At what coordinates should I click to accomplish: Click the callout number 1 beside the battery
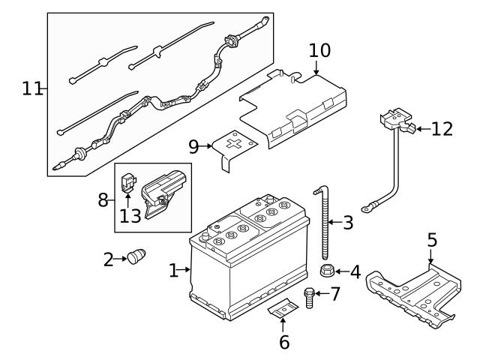(x=174, y=270)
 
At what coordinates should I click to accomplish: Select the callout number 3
(x=347, y=222)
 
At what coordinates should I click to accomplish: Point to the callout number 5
(x=431, y=241)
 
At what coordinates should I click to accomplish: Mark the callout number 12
(x=442, y=129)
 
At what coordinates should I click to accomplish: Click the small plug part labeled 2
(x=136, y=257)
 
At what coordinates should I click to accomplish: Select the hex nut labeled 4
(x=327, y=271)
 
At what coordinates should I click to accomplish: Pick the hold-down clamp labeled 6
(x=283, y=308)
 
